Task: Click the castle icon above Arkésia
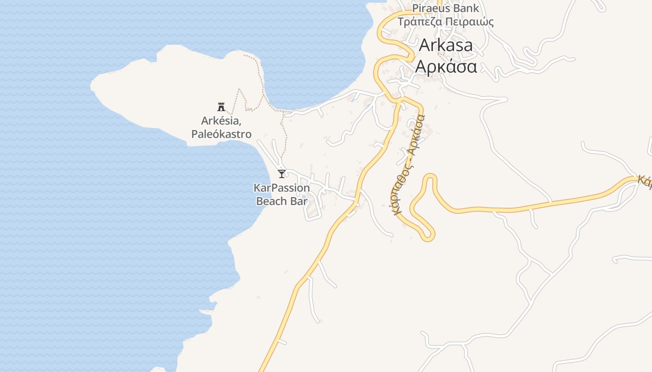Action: (x=221, y=107)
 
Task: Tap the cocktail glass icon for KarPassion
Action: (x=281, y=174)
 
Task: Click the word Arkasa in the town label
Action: (x=446, y=45)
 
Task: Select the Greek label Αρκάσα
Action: (x=446, y=66)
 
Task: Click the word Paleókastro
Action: (x=221, y=134)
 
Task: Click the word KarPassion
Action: (x=282, y=188)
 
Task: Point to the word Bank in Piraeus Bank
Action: (x=466, y=8)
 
